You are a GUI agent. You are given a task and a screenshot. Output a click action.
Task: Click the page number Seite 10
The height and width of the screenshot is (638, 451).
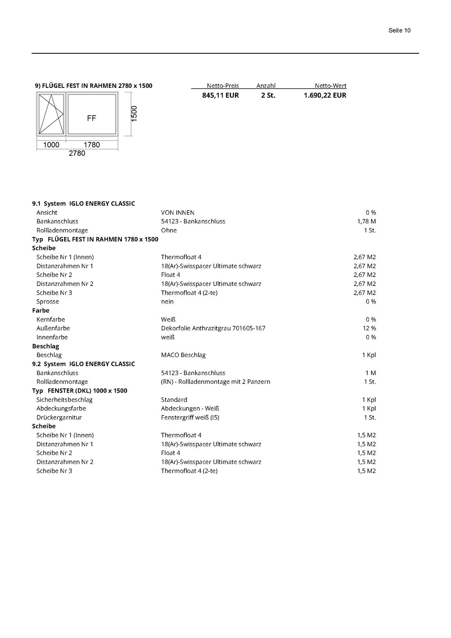[x=399, y=30]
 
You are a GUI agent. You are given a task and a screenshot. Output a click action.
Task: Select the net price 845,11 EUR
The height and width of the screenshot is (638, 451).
[x=220, y=95]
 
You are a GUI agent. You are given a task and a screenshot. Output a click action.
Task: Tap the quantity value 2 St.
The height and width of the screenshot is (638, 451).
[x=268, y=95]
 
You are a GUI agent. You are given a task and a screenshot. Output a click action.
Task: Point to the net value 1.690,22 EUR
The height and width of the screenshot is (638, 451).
[x=325, y=95]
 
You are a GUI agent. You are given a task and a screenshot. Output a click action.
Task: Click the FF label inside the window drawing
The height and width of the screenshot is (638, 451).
[x=92, y=118]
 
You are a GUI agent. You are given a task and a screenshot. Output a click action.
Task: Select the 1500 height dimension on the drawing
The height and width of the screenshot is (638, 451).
[x=134, y=113]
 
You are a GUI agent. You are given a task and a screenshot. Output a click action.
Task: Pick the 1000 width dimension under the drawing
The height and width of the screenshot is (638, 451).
[x=51, y=145]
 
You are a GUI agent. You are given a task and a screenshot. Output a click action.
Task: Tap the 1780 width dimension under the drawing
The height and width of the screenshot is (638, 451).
[x=92, y=145]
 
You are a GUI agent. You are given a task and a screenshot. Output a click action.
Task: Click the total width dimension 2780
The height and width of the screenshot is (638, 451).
[x=77, y=153]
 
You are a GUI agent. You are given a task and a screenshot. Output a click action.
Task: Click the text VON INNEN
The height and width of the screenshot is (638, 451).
[x=177, y=212]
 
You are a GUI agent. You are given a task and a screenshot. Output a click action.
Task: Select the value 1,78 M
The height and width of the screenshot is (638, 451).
[x=366, y=221]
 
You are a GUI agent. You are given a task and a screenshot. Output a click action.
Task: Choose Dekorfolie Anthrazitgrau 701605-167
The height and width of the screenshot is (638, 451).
[x=213, y=328]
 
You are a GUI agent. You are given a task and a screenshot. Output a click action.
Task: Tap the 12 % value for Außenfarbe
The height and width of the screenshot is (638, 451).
[x=369, y=328]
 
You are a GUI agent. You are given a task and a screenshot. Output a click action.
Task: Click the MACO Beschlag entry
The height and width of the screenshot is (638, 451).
[x=183, y=355]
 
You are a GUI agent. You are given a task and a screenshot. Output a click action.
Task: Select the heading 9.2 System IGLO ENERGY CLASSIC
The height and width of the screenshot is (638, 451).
[x=83, y=364]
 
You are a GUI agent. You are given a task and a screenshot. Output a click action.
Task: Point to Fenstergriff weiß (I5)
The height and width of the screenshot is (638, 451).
[x=190, y=417]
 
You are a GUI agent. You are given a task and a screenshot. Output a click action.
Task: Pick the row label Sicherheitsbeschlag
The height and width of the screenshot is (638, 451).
[x=64, y=400]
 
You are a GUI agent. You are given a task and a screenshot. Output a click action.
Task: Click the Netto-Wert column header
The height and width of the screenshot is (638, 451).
[x=330, y=86]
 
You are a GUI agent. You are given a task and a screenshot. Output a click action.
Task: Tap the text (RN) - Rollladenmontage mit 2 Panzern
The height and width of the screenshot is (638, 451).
[x=215, y=382]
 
